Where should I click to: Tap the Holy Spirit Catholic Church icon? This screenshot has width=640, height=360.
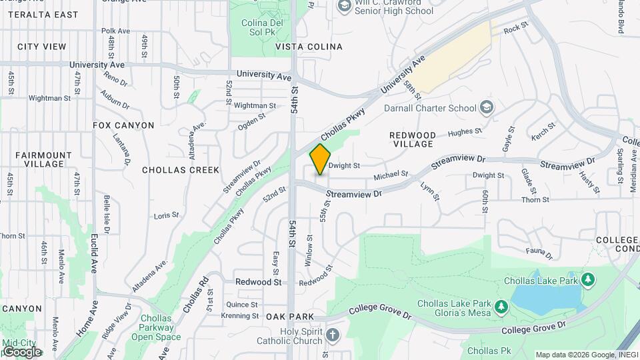332,333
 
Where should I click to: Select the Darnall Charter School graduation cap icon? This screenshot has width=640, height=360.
487,107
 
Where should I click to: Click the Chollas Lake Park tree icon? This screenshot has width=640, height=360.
588,279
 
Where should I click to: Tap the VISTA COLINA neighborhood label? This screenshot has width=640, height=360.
309,47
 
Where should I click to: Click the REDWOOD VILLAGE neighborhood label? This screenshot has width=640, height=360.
412,139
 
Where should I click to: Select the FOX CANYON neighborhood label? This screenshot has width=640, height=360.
123,125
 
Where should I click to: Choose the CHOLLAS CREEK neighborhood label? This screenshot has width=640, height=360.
181,170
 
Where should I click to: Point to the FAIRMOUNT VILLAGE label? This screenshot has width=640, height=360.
43,159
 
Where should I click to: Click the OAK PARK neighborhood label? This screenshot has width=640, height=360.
286,316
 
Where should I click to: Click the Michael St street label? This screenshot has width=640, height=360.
390,176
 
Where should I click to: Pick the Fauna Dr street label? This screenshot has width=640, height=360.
539,253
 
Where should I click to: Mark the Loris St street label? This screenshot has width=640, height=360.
167,215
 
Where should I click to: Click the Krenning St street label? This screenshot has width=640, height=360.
239,315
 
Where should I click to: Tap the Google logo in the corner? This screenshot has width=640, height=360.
22,352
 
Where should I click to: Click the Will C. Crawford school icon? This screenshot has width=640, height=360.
344,6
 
